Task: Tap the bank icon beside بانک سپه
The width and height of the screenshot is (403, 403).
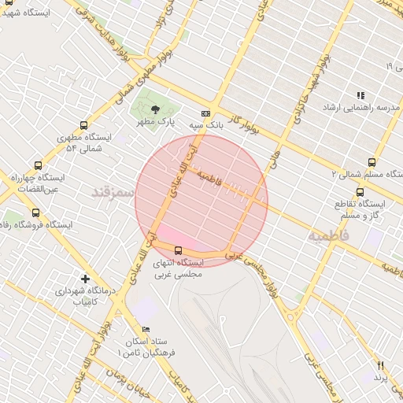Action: pos(206,113)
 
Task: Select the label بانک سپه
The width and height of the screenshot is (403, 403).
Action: pos(206,124)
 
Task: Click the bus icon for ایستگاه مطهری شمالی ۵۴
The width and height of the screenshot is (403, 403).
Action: pos(83,125)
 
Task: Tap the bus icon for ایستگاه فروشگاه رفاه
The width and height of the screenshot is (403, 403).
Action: pos(35,213)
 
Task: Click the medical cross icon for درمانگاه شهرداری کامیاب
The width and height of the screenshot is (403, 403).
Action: pos(85,279)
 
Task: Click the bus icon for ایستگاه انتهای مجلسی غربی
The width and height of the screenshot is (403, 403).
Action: pos(178,250)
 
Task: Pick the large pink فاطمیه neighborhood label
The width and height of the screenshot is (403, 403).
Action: pos(327,235)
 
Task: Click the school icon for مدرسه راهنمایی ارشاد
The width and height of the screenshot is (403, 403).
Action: pos(360,95)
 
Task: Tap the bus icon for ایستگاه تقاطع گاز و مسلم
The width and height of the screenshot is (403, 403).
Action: pos(360,191)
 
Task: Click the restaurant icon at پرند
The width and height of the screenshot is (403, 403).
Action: pos(381,365)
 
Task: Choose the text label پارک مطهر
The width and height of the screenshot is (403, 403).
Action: pos(155,122)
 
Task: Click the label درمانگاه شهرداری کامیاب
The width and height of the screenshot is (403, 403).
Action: pos(84,296)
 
